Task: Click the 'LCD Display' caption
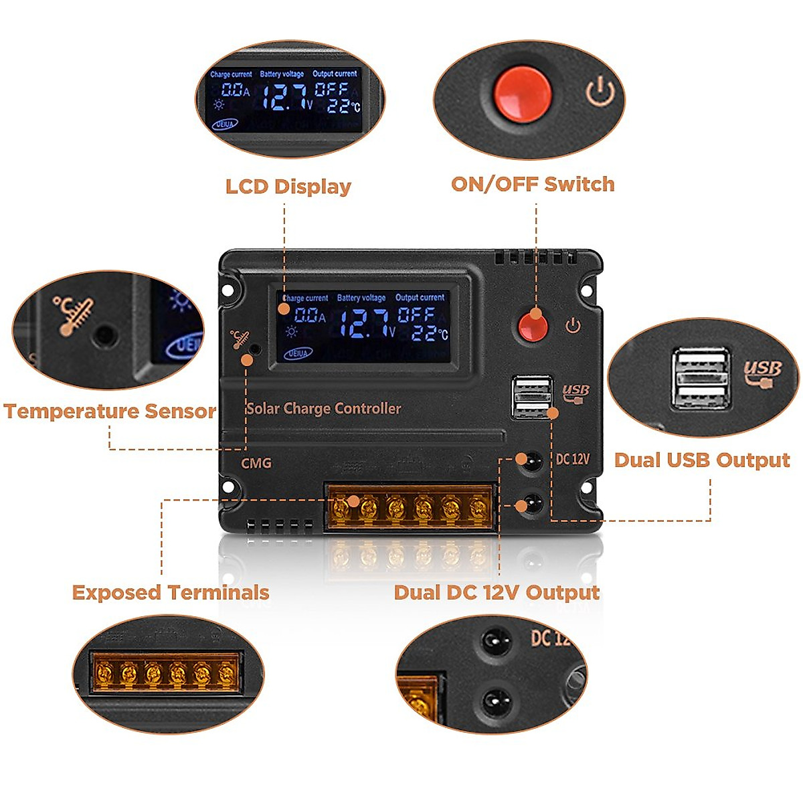point(288,187)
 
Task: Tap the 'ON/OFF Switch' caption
point(533,184)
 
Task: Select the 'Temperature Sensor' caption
point(110,411)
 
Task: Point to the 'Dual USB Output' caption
point(702,460)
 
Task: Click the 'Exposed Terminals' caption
point(171,593)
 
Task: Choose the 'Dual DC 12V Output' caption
point(497,593)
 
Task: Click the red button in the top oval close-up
point(522,93)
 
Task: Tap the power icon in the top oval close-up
point(600,92)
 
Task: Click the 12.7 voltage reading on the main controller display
point(361,323)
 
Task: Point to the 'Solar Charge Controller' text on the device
point(324,408)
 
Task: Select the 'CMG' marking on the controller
point(256,463)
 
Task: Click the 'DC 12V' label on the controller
point(573,459)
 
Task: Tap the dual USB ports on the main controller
point(532,397)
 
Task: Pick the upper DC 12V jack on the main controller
point(532,461)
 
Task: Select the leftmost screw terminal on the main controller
point(341,508)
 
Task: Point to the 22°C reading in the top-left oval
point(344,106)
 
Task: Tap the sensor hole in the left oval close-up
point(104,335)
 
